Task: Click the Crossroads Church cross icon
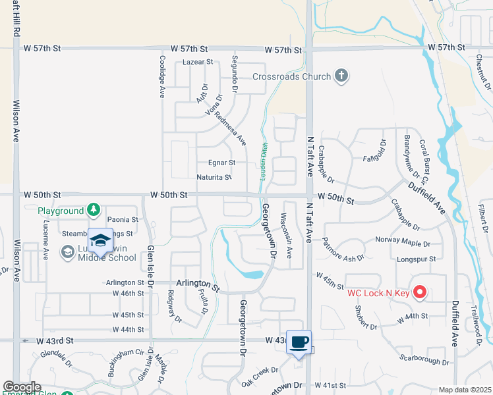click(341, 76)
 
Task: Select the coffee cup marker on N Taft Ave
click(299, 342)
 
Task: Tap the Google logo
click(22, 387)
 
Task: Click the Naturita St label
click(214, 177)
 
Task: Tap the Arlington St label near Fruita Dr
click(197, 285)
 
